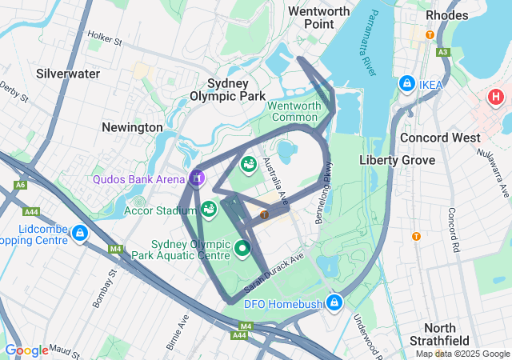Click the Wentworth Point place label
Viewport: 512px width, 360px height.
point(318,18)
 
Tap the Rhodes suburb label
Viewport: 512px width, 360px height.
point(447,14)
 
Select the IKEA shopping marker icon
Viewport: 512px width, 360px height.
point(407,84)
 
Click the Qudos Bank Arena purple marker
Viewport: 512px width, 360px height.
point(198,177)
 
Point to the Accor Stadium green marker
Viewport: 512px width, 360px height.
point(209,210)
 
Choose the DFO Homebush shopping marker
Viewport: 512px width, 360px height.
point(335,302)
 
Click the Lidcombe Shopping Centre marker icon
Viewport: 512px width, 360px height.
point(79,233)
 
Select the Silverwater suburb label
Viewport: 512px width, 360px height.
point(68,74)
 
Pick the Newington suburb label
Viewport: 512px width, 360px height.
point(132,127)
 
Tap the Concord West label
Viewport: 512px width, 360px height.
point(440,138)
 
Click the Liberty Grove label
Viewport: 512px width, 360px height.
point(397,160)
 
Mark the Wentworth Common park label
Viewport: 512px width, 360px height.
point(294,111)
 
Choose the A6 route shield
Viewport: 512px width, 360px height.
point(19,186)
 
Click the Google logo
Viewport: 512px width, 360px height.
point(26,350)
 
